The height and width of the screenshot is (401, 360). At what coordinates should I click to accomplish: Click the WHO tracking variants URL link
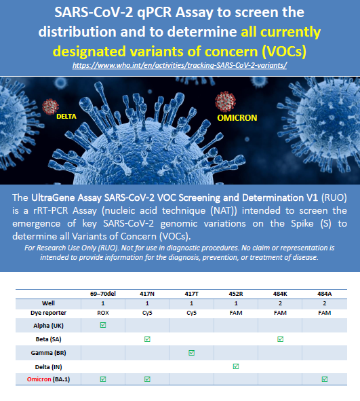coord(180,65)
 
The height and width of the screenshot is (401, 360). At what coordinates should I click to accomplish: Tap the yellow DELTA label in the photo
coord(66,116)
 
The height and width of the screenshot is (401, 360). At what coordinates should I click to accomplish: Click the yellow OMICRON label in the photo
coord(237,118)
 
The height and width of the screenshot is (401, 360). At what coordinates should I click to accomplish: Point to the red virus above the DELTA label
coord(50,107)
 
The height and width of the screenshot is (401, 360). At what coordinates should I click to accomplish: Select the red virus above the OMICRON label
coord(225,102)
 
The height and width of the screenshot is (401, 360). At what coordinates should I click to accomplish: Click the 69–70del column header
coord(103,294)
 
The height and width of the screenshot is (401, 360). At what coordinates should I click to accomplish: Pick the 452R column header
coord(236,294)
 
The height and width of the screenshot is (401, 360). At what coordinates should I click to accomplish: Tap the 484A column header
coord(325,294)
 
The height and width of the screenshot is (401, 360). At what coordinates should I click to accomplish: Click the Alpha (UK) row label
coord(48,326)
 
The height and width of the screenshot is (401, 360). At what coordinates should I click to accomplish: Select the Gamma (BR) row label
coord(48,353)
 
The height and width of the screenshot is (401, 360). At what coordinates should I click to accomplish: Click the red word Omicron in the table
coord(39,379)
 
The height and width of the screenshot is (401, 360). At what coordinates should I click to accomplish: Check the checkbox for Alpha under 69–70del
coord(103,325)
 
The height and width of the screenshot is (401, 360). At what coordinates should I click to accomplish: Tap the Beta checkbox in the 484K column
coord(280,339)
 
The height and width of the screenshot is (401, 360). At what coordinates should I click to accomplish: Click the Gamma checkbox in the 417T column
coord(192,353)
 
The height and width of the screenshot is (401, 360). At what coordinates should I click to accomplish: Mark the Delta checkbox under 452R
coord(236,366)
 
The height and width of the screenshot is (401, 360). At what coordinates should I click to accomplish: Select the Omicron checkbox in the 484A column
coord(325,379)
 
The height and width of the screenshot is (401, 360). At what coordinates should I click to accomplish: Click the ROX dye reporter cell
coord(103,313)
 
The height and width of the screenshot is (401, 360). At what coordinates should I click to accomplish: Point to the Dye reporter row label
coord(48,313)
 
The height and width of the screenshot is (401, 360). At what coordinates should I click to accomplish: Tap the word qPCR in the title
coord(155,13)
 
